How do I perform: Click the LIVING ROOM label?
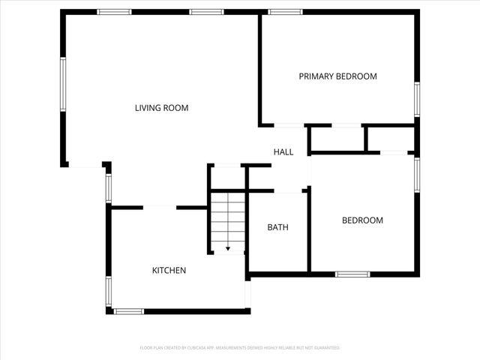(161, 108)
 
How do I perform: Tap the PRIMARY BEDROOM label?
(337, 76)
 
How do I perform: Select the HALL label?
(283, 152)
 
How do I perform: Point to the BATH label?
(278, 227)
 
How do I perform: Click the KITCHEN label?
(169, 271)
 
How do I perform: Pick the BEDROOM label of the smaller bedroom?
(362, 220)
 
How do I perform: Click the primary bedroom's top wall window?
(286, 12)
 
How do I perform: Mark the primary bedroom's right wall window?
(416, 98)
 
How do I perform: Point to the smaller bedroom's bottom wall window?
(352, 274)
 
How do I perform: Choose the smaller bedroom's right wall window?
(416, 175)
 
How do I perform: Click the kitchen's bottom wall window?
(129, 310)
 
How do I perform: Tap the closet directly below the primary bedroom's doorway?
(336, 139)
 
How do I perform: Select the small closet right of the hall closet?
(390, 139)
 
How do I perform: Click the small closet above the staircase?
(227, 177)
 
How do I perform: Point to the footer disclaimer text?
(240, 348)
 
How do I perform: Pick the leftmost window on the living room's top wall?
(115, 12)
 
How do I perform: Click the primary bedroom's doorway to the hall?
(289, 124)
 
